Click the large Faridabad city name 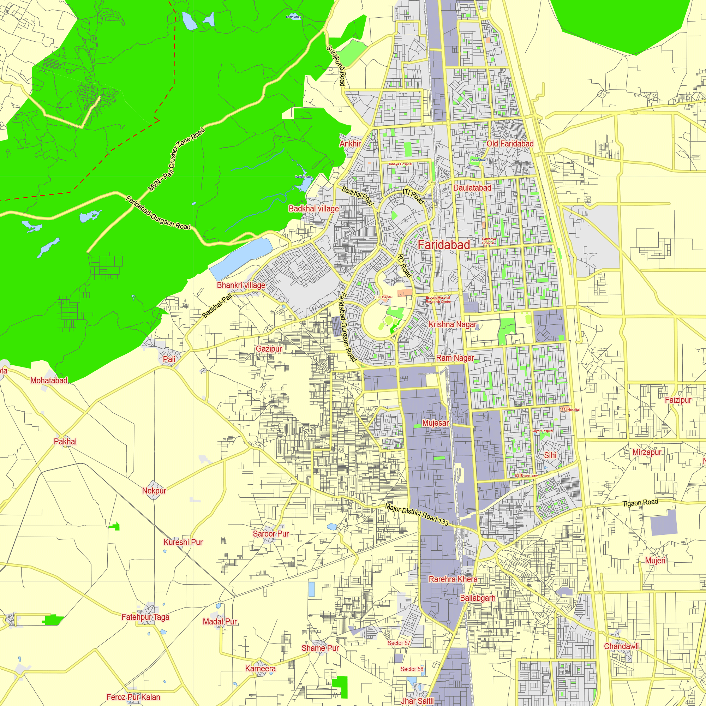click(444, 245)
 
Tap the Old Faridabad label click(510, 144)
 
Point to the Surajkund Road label click(336, 66)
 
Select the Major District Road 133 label click(417, 515)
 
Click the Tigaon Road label click(640, 503)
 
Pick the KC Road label click(404, 266)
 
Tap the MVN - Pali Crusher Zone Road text click(176, 159)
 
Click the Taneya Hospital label click(400, 164)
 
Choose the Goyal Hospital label click(542, 431)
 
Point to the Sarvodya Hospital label click(489, 241)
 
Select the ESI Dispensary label click(526, 475)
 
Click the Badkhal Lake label click(303, 177)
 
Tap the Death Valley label click(293, 17)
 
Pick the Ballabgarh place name click(478, 598)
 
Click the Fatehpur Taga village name click(145, 617)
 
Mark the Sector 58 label click(412, 669)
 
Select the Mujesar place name click(435, 423)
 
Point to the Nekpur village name click(154, 490)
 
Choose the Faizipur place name click(678, 400)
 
